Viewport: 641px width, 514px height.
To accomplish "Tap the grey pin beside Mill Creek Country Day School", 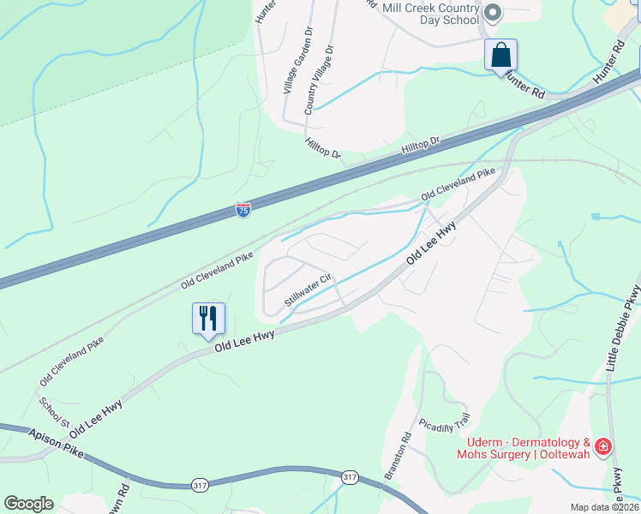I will coord(493,12).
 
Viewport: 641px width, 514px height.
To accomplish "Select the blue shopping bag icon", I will coord(501,56).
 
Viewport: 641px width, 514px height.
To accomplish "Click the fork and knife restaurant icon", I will coord(208,319).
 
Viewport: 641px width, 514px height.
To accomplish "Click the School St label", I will coord(53,410).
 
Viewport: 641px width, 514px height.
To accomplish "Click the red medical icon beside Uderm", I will coord(603,447).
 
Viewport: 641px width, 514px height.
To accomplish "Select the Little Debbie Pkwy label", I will coord(624,330).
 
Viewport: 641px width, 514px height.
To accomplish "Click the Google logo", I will coord(28,504).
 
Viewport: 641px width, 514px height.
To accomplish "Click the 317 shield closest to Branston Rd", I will coord(349,477).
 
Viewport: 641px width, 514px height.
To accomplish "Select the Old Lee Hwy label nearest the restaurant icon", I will coord(244,341).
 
